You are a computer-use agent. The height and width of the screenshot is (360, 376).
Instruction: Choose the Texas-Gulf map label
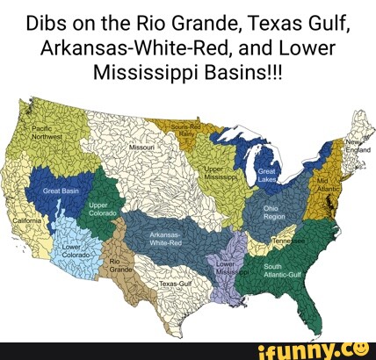pos(175,284)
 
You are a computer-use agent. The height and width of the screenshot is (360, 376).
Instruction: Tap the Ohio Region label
pos(274,212)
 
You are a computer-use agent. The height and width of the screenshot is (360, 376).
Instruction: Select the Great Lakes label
pos(267,176)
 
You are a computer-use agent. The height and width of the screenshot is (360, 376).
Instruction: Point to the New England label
pos(358,146)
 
